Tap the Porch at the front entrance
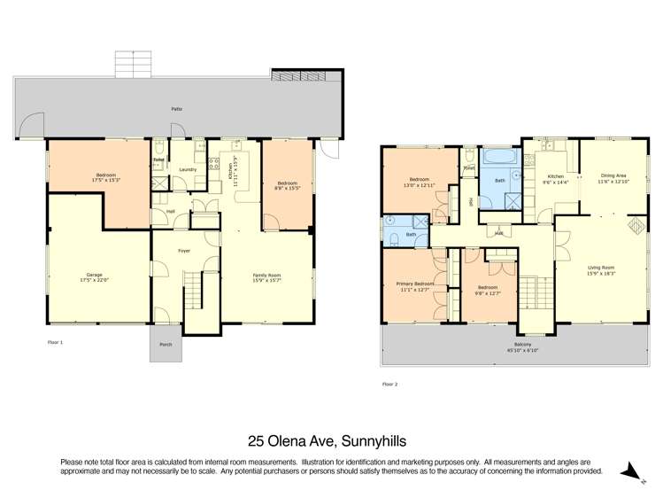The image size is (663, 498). (x=166, y=346)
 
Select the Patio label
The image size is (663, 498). (x=177, y=110)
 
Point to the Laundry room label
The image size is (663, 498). (x=187, y=169)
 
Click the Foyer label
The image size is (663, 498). (x=184, y=251)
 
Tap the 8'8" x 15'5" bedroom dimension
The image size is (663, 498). (x=286, y=188)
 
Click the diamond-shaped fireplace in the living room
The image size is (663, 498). (x=635, y=226)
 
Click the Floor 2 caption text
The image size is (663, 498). (x=389, y=384)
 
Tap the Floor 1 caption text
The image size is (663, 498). (x=55, y=341)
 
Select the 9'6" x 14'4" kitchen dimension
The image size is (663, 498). (x=556, y=182)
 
